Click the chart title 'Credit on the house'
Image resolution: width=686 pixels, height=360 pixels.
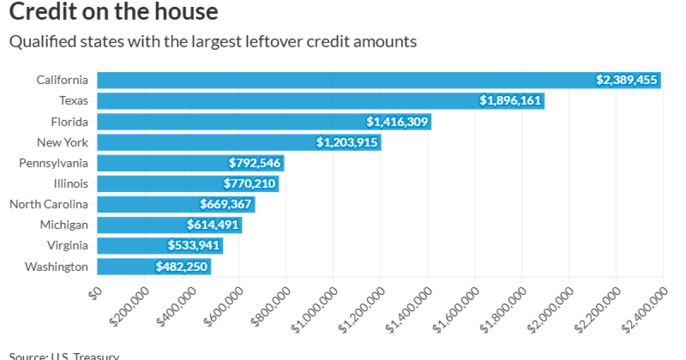coord(113,11)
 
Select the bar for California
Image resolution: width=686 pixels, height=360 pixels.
coord(343,80)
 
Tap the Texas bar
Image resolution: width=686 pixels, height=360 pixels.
coord(286,101)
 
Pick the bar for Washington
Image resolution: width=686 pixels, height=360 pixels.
coord(126,266)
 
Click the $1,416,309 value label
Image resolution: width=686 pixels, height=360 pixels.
coord(397,122)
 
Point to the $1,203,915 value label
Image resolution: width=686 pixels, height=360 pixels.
coord(347,142)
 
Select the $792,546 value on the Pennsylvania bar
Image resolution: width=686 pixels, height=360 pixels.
coord(254,163)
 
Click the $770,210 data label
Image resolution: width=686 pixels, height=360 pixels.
coord(250,184)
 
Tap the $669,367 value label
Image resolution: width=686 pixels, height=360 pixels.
coord(226,205)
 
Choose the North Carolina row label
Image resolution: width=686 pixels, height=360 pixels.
coord(49,205)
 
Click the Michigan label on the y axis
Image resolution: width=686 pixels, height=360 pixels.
coord(64,225)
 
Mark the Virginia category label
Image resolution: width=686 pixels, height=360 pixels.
coord(67,246)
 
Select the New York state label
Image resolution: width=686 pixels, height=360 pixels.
coord(62,142)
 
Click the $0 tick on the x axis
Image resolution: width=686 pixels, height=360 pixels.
coord(95,291)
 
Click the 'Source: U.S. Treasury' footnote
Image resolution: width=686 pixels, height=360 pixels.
coord(64,357)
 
